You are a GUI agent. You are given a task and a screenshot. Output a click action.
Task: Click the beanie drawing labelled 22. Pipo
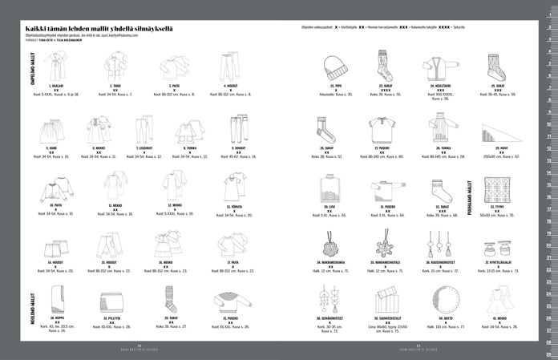click(x=330, y=65)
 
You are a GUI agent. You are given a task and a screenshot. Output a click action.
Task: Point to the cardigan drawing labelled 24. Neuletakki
click(x=441, y=67)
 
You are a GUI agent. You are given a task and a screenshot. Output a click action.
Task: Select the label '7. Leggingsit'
click(x=144, y=148)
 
